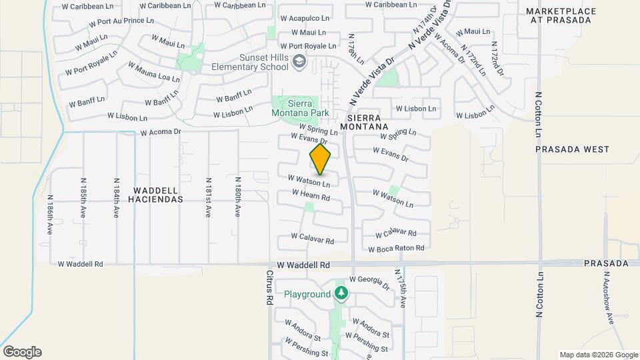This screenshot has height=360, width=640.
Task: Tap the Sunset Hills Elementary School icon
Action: pos(299,62)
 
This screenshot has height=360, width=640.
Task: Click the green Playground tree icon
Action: pos(341,293)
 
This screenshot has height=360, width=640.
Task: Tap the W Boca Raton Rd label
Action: pos(397,249)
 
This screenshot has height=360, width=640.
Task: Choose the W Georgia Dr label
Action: pos(369,283)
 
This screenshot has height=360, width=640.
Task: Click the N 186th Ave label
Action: pos(50,213)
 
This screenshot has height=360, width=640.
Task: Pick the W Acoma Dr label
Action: pos(161,132)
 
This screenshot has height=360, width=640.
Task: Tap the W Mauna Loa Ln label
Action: pos(155,73)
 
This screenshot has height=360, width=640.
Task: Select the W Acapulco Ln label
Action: pos(305,18)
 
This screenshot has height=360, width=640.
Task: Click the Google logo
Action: pos(22,352)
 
